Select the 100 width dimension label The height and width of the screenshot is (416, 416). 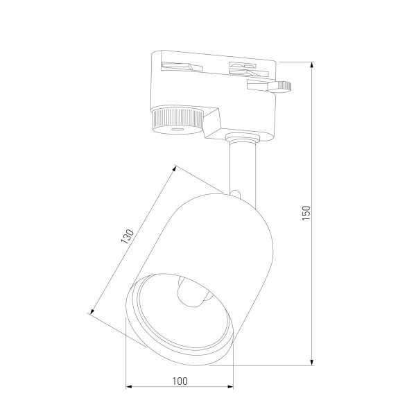point(180,380)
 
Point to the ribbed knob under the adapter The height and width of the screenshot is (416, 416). point(177,119)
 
